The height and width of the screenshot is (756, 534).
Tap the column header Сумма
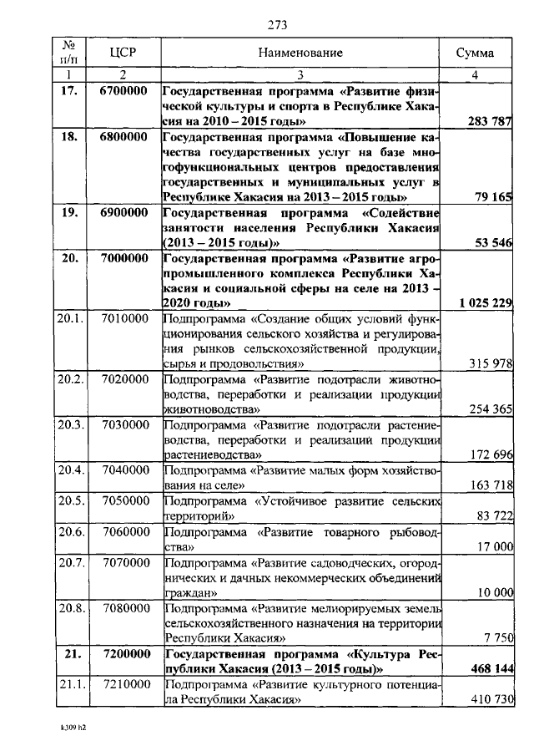(474, 53)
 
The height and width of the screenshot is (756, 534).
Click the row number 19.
(70, 214)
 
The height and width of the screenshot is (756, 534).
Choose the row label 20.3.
(71, 424)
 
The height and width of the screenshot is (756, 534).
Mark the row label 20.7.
(71, 561)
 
